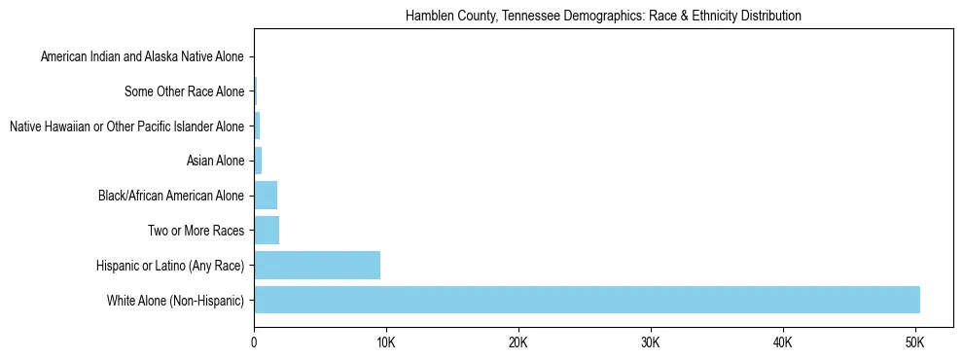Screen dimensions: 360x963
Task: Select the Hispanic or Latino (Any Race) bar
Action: [317, 265]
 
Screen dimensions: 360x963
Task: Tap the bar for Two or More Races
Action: [267, 231]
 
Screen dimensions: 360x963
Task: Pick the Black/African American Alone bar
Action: [266, 196]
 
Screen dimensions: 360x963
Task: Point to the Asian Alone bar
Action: [258, 161]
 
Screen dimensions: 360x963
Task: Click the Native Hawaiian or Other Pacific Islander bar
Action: [257, 126]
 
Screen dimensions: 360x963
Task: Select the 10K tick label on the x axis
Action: [386, 342]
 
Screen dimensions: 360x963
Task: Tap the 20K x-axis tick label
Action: [518, 342]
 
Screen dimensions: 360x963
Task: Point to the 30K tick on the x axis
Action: [651, 342]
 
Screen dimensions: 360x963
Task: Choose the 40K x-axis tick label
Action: [783, 342]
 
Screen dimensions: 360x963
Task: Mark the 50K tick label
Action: [915, 342]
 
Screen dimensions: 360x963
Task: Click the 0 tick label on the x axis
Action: [254, 342]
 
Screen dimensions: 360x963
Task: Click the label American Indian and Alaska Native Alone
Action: [142, 57]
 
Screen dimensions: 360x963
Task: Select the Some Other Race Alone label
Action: [185, 92]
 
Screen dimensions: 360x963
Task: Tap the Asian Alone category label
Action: [215, 162]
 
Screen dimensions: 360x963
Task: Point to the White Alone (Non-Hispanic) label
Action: [175, 301]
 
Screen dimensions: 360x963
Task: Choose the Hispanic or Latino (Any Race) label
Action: [170, 266]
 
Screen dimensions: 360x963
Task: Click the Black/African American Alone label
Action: [171, 197]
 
